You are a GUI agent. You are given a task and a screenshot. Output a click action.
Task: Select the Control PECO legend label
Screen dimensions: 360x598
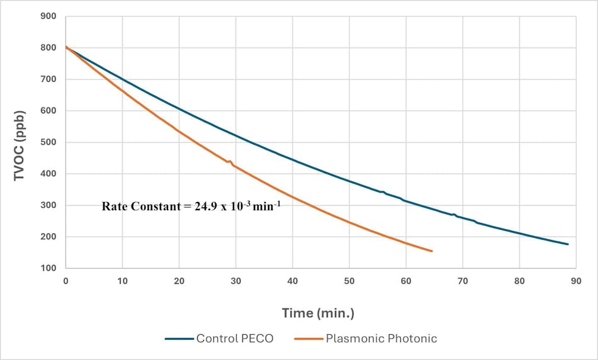tap(235, 339)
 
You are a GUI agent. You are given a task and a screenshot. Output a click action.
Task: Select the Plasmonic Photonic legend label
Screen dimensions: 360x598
tap(381, 339)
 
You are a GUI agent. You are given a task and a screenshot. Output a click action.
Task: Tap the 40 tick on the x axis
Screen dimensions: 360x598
tap(293, 281)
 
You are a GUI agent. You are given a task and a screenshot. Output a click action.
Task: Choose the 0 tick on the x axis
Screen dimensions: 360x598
tap(65, 281)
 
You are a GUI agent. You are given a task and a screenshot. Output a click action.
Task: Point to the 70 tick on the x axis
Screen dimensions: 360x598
tap(463, 281)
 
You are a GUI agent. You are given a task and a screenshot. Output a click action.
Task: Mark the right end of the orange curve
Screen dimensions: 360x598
tap(432, 251)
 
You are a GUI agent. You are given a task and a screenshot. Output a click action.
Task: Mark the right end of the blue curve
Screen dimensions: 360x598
tap(568, 244)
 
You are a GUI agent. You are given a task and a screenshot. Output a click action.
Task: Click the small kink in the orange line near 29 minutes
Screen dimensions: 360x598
tap(230, 162)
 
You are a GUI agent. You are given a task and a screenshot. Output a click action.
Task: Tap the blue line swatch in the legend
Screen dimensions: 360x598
tap(179, 339)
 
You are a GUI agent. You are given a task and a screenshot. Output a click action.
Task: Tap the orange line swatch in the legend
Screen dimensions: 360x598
tap(308, 339)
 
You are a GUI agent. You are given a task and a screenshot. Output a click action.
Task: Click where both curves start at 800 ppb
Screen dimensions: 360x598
tap(66, 47)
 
